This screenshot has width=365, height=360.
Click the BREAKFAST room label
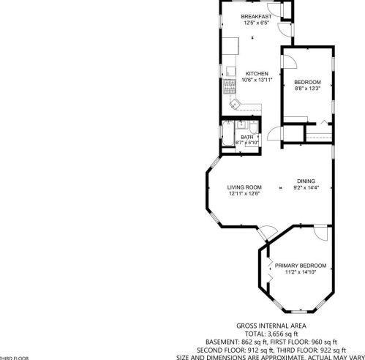256,16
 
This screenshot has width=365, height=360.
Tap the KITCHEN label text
257,73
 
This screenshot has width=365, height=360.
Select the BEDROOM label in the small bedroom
307,81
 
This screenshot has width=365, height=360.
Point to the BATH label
247,137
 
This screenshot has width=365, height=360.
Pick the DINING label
306,181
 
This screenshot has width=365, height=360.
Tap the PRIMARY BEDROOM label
301,266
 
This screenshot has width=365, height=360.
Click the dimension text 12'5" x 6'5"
256,22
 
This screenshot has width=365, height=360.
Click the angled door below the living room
268,233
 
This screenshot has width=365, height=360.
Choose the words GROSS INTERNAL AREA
271,326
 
